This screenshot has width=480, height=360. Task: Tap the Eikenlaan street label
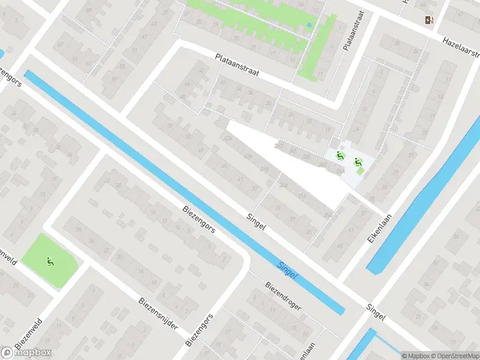(379, 229)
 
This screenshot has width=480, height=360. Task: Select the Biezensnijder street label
(158, 313)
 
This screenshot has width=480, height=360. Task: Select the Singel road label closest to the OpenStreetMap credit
(377, 313)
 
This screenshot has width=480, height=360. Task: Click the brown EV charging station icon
(429, 20)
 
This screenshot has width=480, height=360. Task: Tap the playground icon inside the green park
(50, 261)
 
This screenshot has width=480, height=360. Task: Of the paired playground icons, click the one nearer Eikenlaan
(358, 161)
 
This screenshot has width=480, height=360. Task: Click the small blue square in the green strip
(309, 25)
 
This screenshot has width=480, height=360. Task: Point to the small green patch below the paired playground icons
(360, 172)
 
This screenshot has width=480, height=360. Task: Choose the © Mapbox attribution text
(416, 356)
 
